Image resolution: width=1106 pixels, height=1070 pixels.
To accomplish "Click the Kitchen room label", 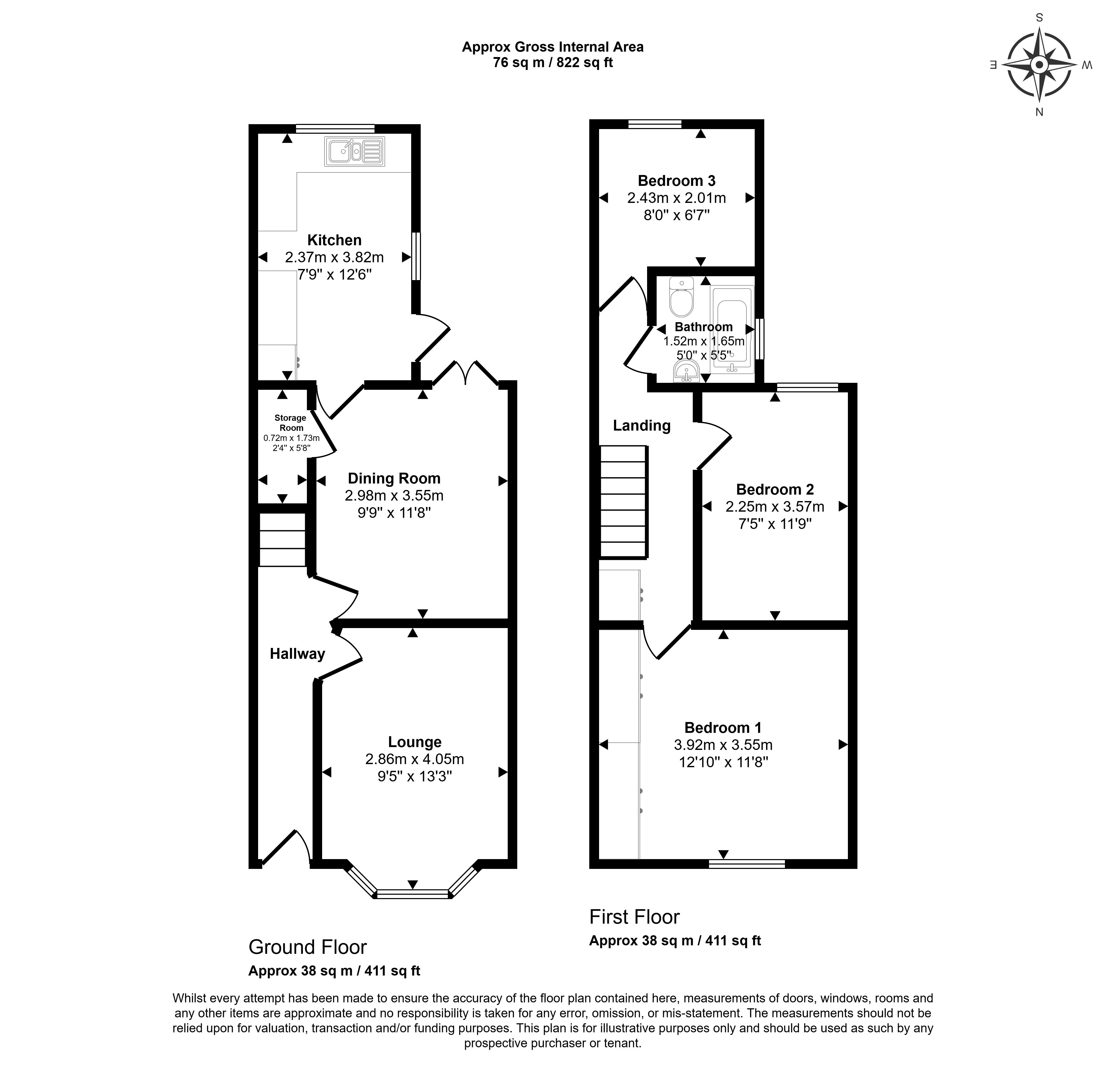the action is tap(334, 240).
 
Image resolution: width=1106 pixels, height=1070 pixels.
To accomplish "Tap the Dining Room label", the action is tap(394, 479).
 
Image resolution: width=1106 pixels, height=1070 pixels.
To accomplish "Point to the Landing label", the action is tap(642, 425).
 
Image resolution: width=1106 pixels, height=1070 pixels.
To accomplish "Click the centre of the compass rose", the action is tap(1039, 65).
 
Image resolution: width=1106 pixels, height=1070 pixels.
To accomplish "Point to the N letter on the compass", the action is tap(1039, 112).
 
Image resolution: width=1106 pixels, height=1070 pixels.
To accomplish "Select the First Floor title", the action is tap(634, 917).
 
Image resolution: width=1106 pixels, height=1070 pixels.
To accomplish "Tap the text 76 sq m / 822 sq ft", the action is tap(553, 63).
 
